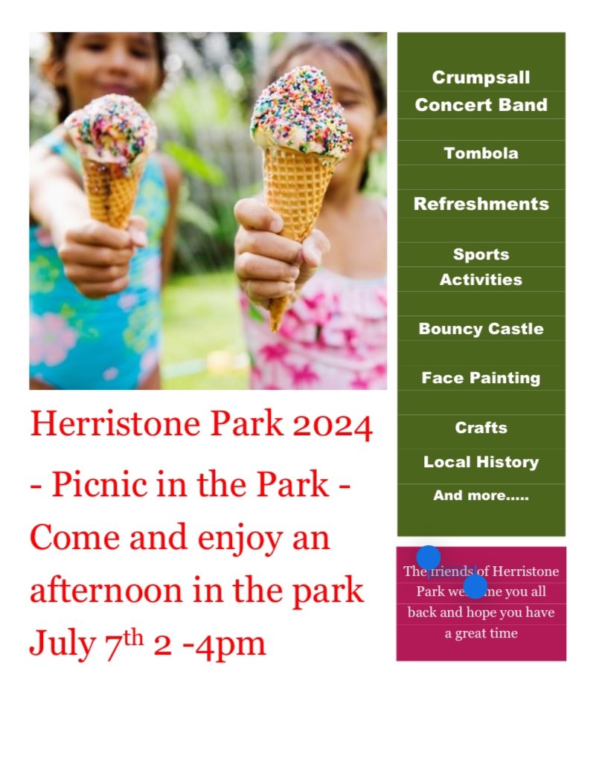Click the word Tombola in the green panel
click(x=481, y=153)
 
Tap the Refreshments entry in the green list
click(x=481, y=204)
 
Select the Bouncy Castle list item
click(x=481, y=329)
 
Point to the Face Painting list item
click(x=481, y=378)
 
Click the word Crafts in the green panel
click(x=481, y=428)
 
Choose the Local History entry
click(x=481, y=462)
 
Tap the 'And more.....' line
click(x=481, y=495)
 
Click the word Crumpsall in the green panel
click(x=481, y=77)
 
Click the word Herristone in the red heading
click(x=115, y=425)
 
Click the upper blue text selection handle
click(x=428, y=557)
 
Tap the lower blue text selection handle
click(x=475, y=587)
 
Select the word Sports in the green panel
click(x=481, y=254)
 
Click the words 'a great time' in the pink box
click(x=481, y=634)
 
